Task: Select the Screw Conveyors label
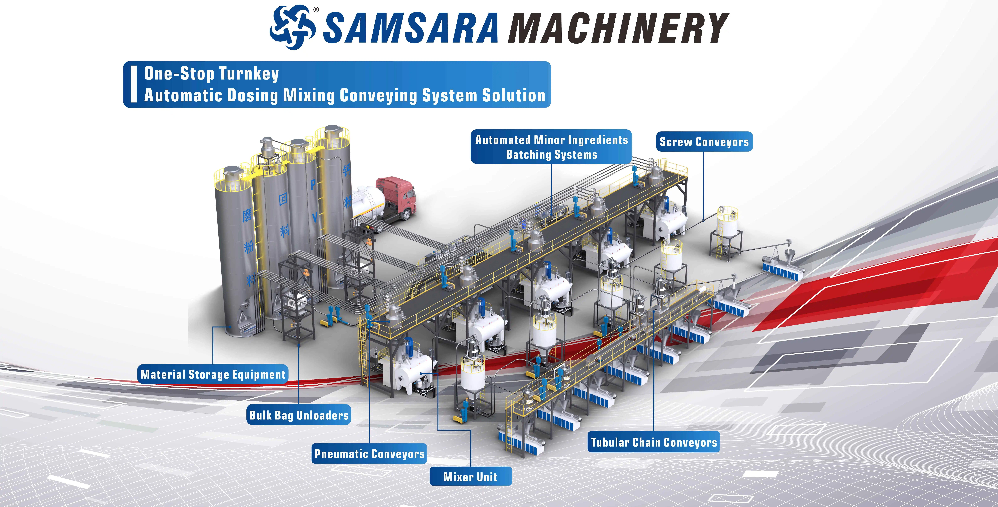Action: coord(704,142)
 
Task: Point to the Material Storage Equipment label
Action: coord(213,374)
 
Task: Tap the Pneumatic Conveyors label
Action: coord(369,454)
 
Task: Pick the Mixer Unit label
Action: coord(470,476)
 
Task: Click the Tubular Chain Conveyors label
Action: coord(654,442)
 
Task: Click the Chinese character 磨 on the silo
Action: coord(247,215)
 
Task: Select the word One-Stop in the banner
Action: coord(179,74)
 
